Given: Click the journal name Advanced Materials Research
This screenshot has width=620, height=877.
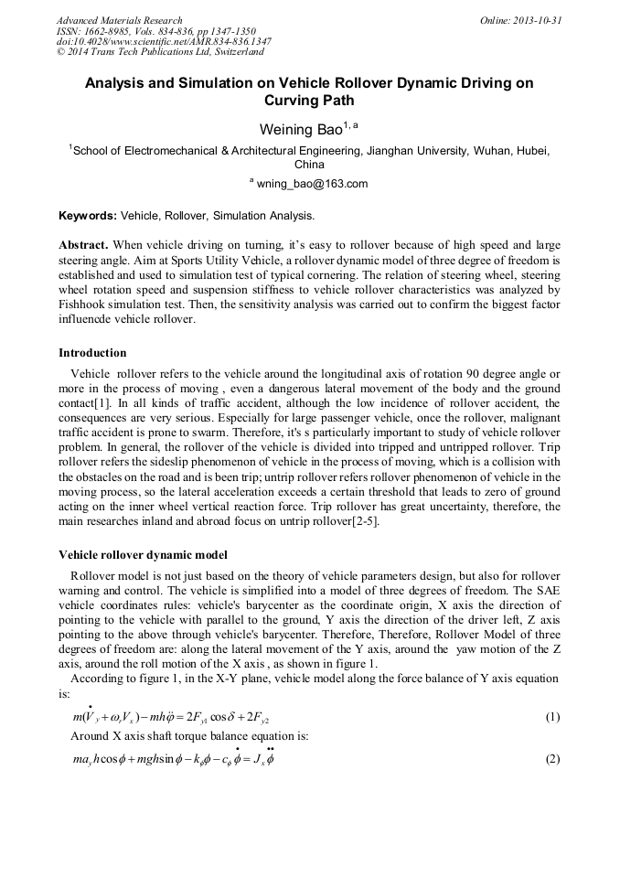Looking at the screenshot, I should [x=119, y=20].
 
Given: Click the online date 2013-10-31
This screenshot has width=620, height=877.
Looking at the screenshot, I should [x=535, y=20].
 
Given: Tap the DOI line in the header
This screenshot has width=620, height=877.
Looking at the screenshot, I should [x=164, y=41].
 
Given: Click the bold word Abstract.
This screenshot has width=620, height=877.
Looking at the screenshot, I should [x=84, y=246].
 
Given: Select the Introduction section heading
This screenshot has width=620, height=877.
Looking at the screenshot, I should [x=92, y=353].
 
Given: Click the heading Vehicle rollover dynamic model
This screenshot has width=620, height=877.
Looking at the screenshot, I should [x=143, y=554].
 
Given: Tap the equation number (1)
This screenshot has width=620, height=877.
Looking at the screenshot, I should [x=552, y=717].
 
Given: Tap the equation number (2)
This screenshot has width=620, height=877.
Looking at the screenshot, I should [x=552, y=760].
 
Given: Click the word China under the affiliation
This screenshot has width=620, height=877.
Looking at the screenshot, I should [x=309, y=166].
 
